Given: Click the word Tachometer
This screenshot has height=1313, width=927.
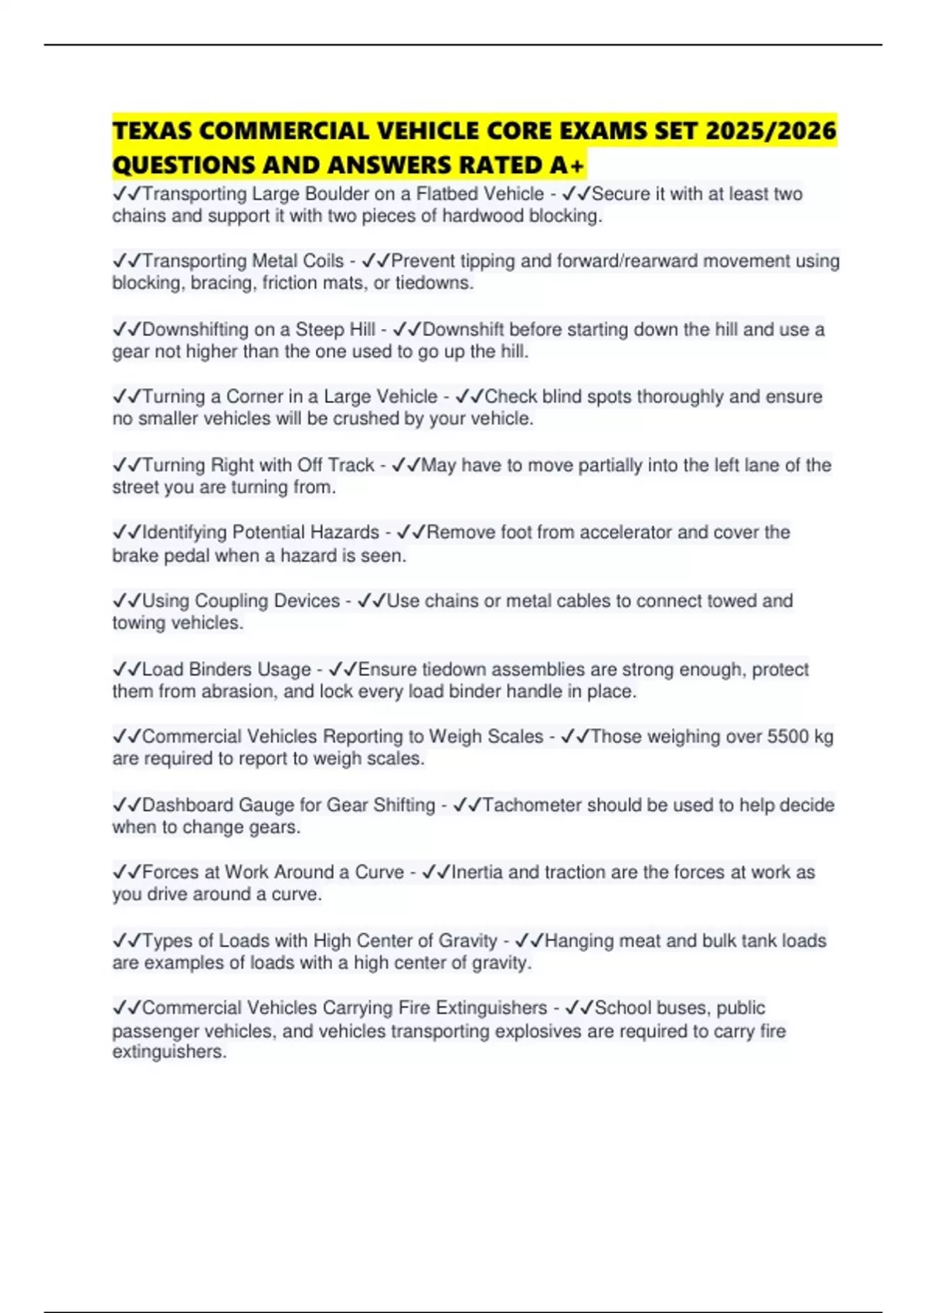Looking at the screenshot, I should click(x=531, y=805).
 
